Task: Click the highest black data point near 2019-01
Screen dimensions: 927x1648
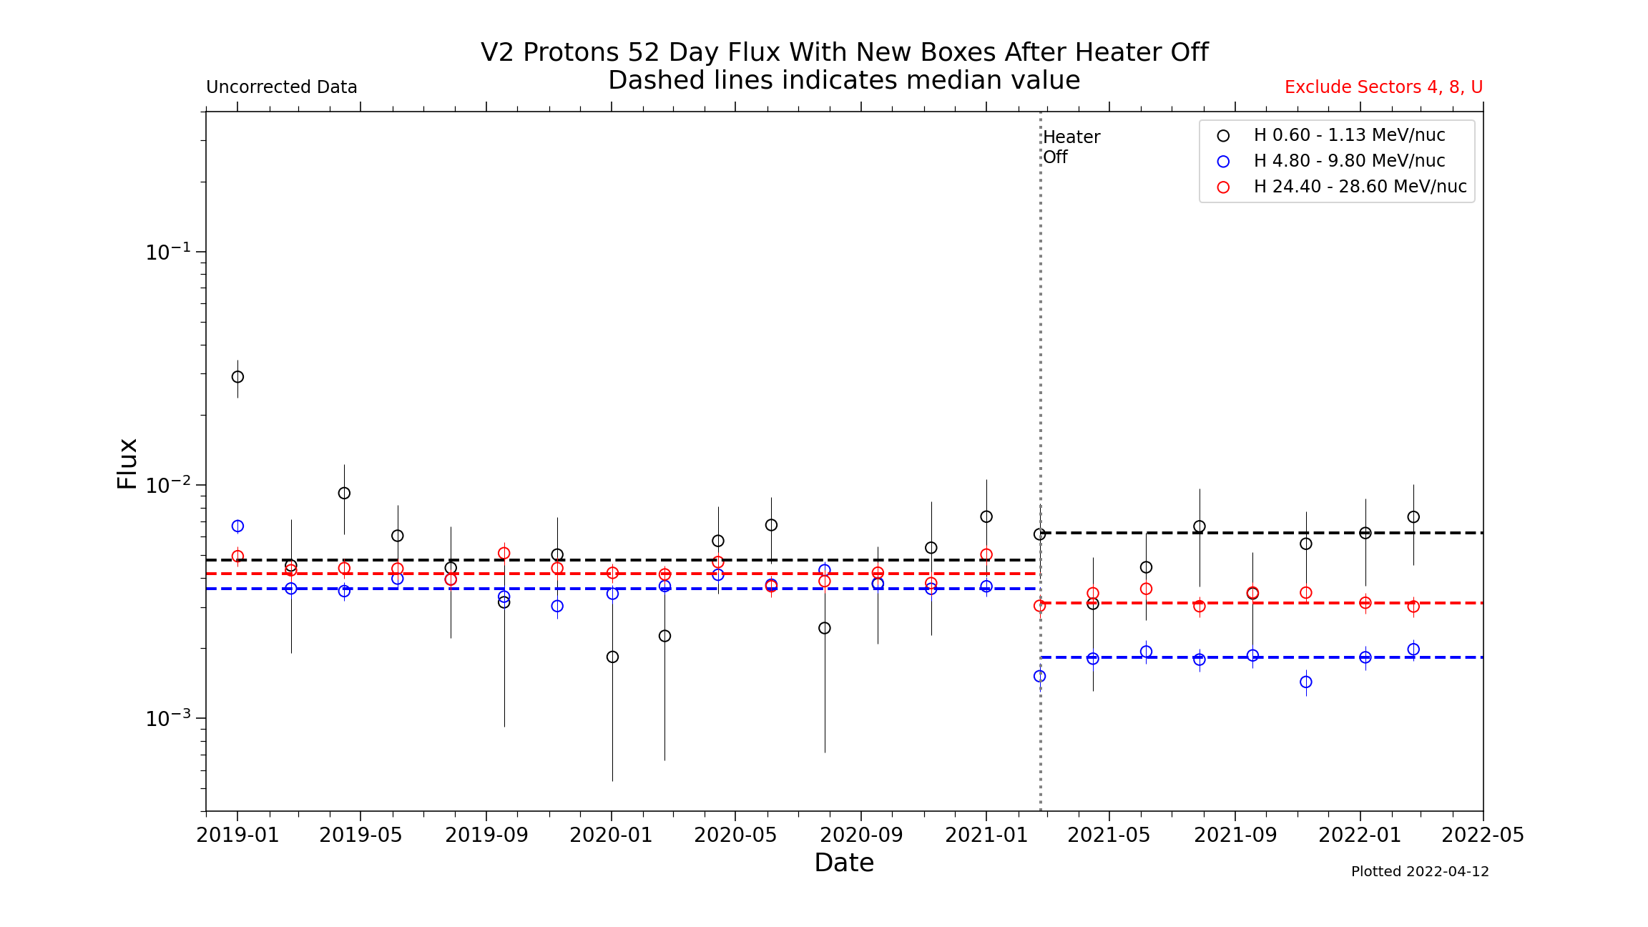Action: (x=237, y=377)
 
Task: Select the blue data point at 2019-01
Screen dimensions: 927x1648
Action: (x=237, y=526)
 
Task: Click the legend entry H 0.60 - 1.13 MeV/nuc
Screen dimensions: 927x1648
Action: (x=1348, y=135)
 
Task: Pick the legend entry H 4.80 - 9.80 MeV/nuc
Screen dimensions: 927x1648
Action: (x=1348, y=161)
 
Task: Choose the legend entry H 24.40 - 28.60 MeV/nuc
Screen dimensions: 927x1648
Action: (x=1359, y=187)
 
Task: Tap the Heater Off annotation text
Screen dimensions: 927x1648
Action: (x=1071, y=147)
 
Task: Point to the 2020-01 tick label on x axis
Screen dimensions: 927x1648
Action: (x=611, y=835)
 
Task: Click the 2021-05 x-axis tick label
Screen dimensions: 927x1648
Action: (x=1109, y=835)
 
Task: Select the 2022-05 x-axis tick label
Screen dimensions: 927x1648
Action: (x=1483, y=835)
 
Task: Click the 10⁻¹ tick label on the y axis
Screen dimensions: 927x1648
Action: (x=168, y=252)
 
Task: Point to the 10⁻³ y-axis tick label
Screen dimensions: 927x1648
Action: (x=168, y=717)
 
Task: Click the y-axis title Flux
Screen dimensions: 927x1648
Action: (x=127, y=463)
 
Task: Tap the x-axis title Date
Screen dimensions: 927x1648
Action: (x=844, y=863)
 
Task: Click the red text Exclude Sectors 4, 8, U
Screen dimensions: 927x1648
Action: (x=1383, y=87)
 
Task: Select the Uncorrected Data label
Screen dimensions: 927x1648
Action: (x=281, y=87)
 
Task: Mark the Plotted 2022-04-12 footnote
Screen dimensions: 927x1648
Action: (x=1420, y=871)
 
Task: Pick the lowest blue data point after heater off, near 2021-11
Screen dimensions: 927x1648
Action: (x=1306, y=682)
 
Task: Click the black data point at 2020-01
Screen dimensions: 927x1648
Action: (x=612, y=657)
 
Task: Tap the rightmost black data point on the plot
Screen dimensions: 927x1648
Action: (x=1413, y=517)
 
